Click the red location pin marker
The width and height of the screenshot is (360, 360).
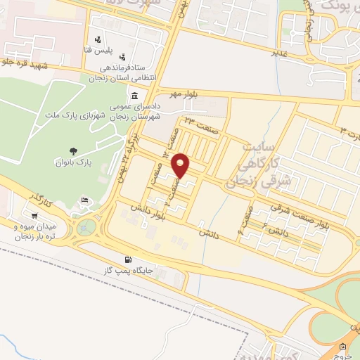tap(181, 166)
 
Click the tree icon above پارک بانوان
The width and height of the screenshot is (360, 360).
tap(72, 150)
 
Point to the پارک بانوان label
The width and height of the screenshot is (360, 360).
tap(72, 162)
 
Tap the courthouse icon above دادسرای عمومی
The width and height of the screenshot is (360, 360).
tap(133, 96)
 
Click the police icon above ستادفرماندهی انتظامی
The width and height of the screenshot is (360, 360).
tap(124, 56)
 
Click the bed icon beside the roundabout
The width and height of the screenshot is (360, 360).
tap(84, 202)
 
